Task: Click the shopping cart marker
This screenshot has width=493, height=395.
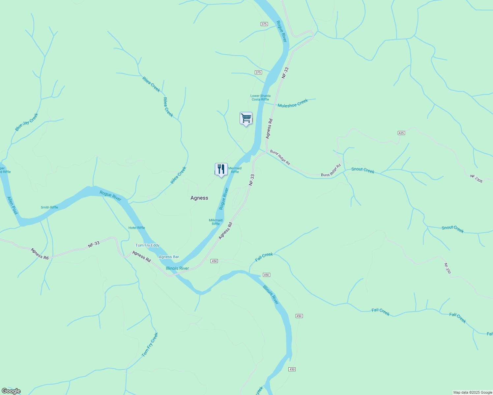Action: tap(246, 118)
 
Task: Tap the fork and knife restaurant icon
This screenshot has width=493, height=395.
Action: tap(221, 169)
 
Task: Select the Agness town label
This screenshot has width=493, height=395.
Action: tap(199, 198)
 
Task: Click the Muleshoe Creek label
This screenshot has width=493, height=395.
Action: tap(293, 103)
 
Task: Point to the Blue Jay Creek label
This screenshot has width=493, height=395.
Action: tap(27, 122)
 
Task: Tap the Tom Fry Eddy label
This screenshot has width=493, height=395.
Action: tap(147, 245)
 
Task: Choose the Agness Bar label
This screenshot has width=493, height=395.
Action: tap(169, 257)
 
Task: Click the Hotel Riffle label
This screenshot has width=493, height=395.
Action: tap(137, 228)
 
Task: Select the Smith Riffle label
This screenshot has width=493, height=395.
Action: tap(49, 207)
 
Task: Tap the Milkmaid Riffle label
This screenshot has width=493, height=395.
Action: tap(216, 222)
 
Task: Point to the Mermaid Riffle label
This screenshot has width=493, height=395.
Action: tap(235, 170)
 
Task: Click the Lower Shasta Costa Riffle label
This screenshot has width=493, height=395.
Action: tap(260, 98)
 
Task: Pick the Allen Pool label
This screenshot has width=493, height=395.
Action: tap(13, 205)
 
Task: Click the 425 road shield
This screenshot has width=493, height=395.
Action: tap(401, 133)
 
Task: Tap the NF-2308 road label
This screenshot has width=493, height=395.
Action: tap(476, 178)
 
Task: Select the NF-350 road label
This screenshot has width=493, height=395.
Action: tap(447, 268)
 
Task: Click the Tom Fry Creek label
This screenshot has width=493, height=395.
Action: tap(150, 345)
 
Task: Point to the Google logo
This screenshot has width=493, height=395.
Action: tap(11, 391)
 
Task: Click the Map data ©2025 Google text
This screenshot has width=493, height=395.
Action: tap(473, 392)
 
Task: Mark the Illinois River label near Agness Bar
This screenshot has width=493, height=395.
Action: tap(177, 268)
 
